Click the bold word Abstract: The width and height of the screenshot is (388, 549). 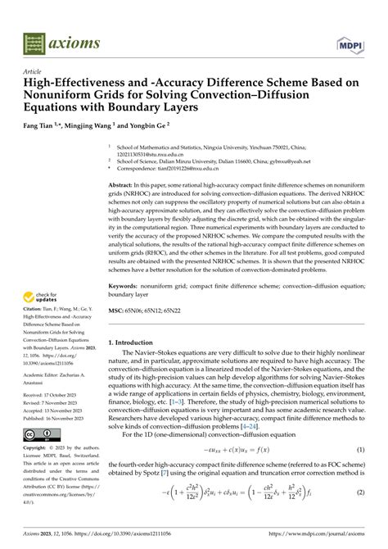point(124,186)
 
